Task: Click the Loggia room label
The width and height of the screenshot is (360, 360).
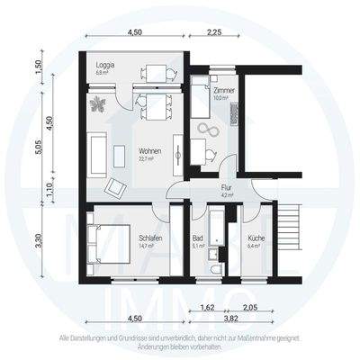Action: [105, 66]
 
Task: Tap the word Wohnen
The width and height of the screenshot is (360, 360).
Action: [150, 150]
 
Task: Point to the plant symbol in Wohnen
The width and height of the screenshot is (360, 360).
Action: [98, 105]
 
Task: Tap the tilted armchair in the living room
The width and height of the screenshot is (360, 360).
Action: [116, 186]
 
